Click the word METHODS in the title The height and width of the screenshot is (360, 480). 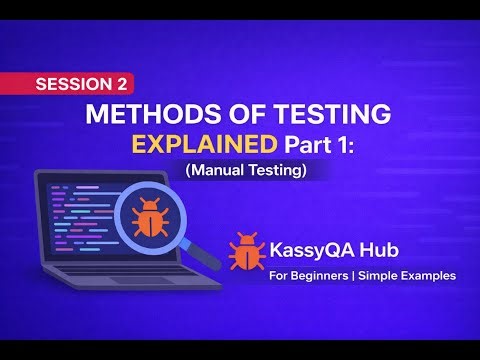139,112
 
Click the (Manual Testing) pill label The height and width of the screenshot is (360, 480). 245,171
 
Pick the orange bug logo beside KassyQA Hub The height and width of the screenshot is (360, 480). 246,250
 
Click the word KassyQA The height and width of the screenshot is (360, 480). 313,247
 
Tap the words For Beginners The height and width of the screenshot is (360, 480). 307,275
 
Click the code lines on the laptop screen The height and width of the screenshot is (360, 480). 75,215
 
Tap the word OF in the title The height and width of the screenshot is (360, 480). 227,112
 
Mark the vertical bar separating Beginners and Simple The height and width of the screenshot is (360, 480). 360,275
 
